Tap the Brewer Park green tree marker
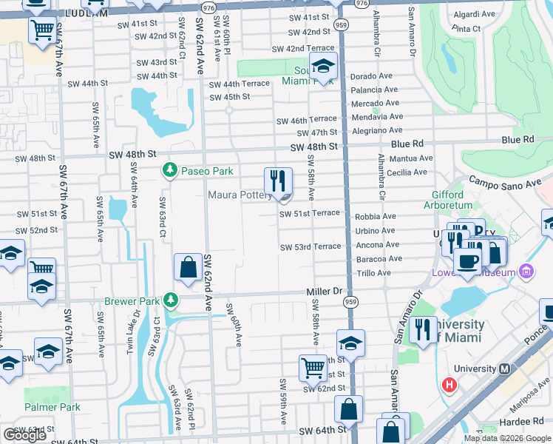[171, 300]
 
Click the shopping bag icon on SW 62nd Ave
[189, 267]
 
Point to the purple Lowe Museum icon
[526, 272]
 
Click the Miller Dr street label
[326, 292]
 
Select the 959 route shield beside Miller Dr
[350, 302]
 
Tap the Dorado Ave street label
[371, 76]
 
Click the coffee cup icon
[467, 261]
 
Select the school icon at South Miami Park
[323, 67]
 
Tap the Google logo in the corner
[24, 435]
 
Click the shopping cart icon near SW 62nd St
[313, 367]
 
